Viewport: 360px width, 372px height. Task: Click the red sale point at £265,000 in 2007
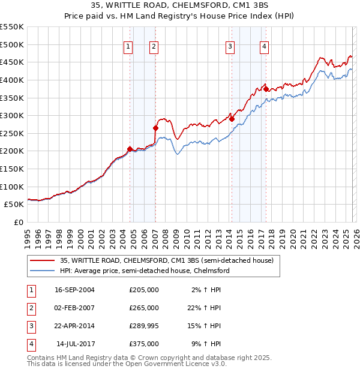[155, 128]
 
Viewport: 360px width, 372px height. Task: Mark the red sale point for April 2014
[232, 119]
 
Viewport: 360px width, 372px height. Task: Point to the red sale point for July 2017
[266, 89]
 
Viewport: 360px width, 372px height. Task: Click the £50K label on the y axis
[14, 204]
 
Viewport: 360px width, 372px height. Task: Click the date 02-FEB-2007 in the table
[74, 308]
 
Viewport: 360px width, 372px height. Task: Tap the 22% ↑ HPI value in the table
[204, 308]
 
